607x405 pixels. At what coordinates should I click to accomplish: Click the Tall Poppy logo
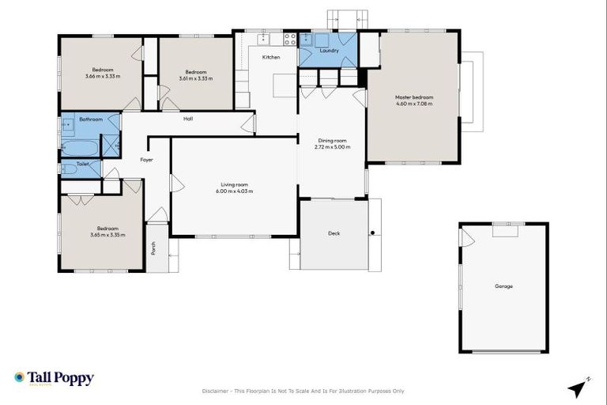click(x=54, y=378)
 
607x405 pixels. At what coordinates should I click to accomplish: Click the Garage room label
click(x=503, y=286)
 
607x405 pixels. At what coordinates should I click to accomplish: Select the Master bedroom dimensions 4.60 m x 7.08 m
click(x=414, y=104)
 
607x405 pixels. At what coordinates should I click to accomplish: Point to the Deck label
click(x=334, y=234)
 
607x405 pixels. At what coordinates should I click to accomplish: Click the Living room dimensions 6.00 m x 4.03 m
click(x=236, y=191)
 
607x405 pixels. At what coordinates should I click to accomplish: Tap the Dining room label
click(x=332, y=141)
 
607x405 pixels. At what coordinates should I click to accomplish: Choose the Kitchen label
click(x=271, y=57)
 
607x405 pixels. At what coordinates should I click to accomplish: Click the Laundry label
click(x=330, y=51)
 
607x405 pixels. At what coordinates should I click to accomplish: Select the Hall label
click(x=188, y=119)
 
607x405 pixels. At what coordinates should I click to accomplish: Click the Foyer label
click(x=146, y=160)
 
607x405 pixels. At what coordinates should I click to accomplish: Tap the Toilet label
click(x=82, y=164)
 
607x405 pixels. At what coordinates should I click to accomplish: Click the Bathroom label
click(x=91, y=119)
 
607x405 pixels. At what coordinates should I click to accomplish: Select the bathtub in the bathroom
click(x=80, y=148)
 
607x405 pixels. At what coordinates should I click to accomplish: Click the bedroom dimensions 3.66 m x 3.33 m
click(x=103, y=77)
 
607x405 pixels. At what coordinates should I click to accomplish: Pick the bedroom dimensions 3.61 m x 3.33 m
click(x=195, y=78)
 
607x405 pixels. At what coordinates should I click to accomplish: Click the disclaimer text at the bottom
click(x=303, y=391)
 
